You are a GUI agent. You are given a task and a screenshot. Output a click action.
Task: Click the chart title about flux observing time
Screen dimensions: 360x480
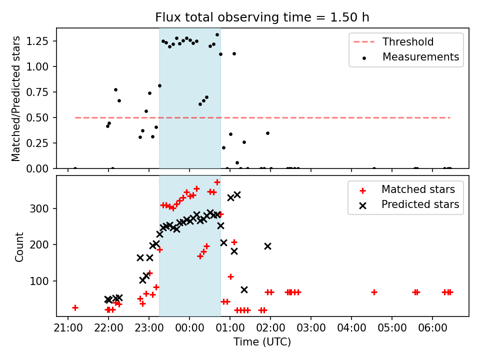point(262,17)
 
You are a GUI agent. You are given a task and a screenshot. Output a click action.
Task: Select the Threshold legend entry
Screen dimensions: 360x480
point(408,42)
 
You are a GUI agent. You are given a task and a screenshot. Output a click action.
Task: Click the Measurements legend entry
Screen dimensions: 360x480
point(420,57)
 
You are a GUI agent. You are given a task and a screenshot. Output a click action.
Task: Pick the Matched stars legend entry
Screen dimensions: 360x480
point(418,189)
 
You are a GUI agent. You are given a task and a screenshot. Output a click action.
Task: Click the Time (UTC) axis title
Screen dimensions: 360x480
point(262,342)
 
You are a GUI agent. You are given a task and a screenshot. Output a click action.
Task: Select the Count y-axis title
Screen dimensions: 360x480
point(19,246)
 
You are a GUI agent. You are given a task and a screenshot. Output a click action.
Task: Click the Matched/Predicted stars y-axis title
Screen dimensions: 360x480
point(16,98)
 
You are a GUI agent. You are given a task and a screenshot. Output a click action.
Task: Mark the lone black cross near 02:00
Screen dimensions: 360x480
point(267,246)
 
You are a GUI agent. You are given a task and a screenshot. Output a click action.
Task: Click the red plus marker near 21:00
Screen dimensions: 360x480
point(75,307)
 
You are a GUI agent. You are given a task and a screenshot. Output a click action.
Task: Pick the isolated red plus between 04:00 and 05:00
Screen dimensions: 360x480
point(374,292)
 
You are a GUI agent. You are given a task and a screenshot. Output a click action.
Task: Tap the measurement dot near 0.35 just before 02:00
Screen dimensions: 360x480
point(267,133)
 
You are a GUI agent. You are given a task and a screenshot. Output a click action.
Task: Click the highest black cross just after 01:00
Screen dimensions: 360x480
point(237,194)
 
